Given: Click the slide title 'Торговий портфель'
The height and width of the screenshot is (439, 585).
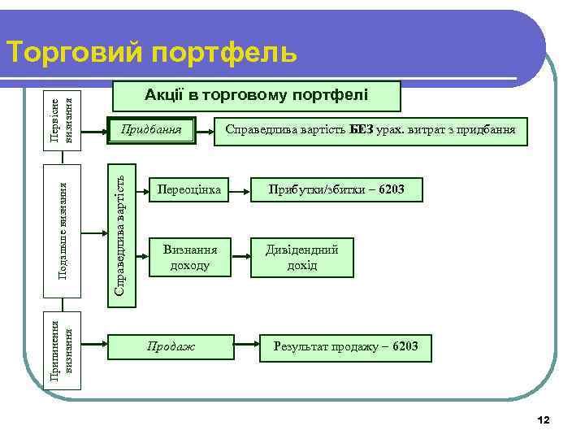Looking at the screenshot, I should [x=151, y=52].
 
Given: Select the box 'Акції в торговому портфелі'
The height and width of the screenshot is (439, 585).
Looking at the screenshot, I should [x=256, y=96].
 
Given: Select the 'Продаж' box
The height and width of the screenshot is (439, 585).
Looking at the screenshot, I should [x=171, y=347].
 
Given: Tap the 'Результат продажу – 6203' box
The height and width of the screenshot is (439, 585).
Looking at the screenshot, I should [x=345, y=347].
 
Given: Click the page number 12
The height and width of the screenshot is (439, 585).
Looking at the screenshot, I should [x=544, y=419].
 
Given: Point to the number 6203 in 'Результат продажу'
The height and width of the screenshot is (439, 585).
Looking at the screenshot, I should [x=405, y=347].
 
